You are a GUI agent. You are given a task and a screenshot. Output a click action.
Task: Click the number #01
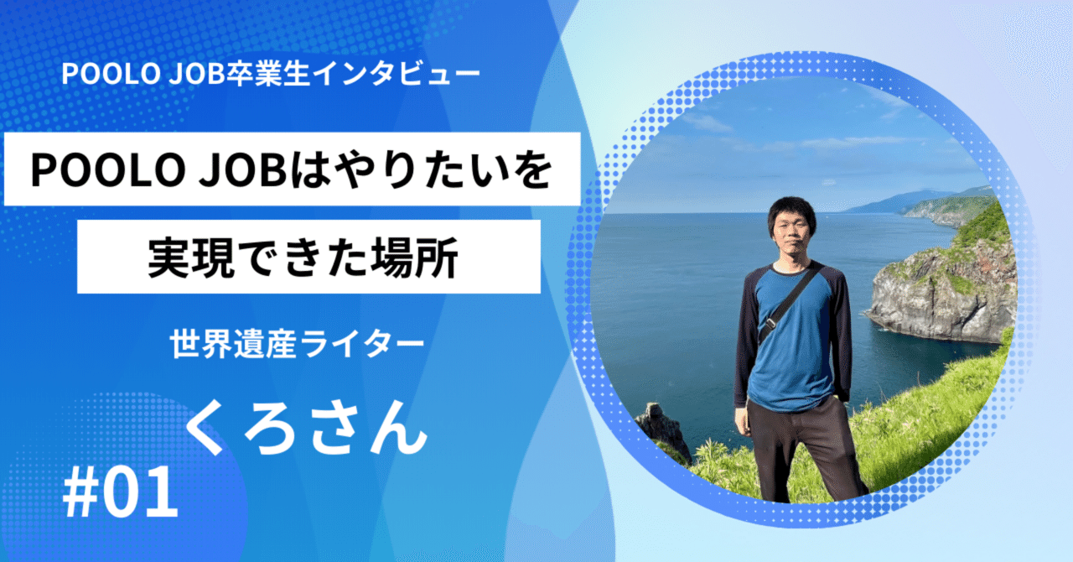[122, 495]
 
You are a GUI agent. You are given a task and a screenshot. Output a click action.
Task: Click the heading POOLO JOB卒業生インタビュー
[271, 75]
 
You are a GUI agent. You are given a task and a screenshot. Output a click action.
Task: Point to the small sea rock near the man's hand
[662, 424]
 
